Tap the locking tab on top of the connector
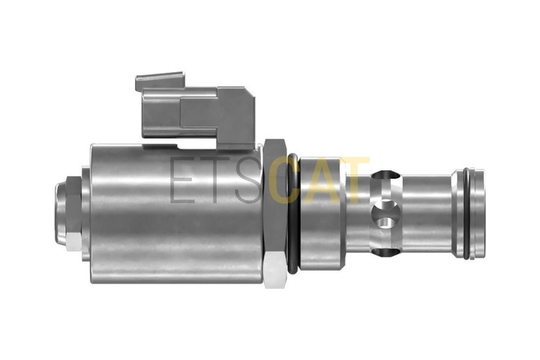[x=160, y=80]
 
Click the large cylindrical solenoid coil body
[x=175, y=214]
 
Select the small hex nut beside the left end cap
[x=73, y=213]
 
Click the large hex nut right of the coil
[x=275, y=214]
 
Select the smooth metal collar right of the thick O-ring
[x=322, y=213]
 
